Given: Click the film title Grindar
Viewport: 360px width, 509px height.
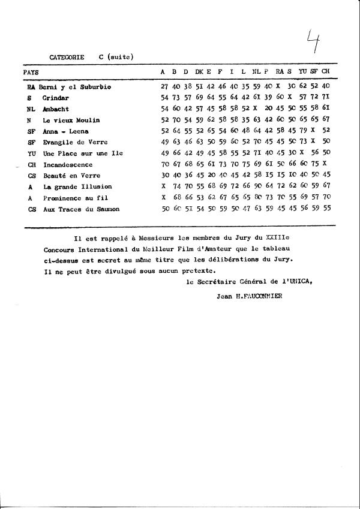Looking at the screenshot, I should tap(56, 98).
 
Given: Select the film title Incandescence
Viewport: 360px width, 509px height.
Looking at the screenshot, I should tap(68, 164).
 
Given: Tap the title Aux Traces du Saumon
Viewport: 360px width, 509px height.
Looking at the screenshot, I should tap(80, 209).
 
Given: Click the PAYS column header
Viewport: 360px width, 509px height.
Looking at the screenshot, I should tap(31, 72).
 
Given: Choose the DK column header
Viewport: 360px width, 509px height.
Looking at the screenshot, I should tap(199, 72).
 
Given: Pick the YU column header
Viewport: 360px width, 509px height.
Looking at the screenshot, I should tap(302, 72).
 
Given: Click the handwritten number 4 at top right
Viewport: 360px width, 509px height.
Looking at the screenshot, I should tap(312, 43).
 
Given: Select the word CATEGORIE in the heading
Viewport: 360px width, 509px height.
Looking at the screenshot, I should tap(67, 58).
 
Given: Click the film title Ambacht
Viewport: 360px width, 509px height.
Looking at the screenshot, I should tap(56, 109).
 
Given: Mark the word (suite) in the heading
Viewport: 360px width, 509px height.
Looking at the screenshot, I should tap(120, 58).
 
